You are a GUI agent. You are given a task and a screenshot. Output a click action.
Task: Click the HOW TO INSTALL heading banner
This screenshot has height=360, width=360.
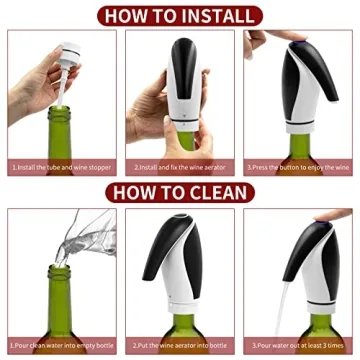click(180, 14)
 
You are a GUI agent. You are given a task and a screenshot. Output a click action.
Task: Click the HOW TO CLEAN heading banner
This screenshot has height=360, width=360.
click(180, 193)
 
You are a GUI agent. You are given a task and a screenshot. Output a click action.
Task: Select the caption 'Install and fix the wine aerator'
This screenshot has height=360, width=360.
click(180, 167)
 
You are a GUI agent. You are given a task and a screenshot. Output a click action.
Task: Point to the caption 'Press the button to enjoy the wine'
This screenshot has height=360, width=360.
click(299, 167)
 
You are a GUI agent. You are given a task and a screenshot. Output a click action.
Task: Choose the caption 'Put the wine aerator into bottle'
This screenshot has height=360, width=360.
click(180, 346)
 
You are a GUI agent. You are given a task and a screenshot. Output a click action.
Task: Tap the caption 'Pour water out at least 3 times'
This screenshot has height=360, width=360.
click(299, 346)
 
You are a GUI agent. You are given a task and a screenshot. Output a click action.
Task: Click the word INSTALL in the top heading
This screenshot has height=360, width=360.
click(214, 14)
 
